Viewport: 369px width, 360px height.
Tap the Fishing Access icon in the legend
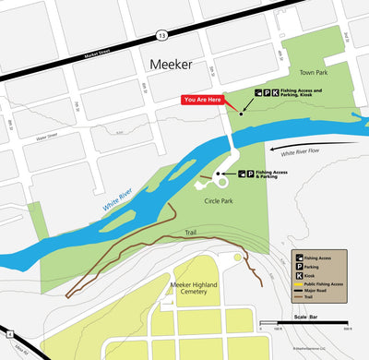(299, 257)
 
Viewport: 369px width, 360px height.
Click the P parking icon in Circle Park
(250, 173)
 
